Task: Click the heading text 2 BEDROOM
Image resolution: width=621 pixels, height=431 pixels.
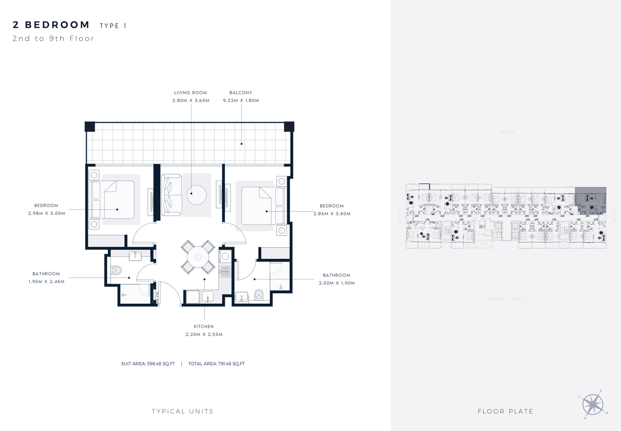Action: tap(52, 25)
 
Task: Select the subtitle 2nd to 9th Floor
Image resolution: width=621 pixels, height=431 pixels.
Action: tap(53, 39)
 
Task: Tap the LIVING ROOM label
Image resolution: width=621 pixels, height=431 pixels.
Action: tap(191, 93)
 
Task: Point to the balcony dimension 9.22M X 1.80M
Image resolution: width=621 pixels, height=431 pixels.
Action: tap(241, 101)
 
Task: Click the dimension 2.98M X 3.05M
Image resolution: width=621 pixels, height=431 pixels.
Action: tap(46, 213)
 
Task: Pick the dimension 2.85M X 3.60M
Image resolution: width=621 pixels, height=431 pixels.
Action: tap(331, 214)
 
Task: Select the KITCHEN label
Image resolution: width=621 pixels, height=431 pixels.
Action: tap(204, 326)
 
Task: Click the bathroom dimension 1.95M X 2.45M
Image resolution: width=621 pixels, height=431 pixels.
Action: tap(46, 281)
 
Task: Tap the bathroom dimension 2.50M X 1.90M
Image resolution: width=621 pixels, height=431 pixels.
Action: tap(336, 283)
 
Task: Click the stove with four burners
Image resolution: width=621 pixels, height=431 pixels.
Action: tap(225, 271)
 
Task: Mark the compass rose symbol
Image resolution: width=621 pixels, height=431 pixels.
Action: tap(592, 404)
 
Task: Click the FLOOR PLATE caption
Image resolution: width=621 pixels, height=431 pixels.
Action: tap(505, 411)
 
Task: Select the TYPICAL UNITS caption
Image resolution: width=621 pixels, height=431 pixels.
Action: tap(183, 411)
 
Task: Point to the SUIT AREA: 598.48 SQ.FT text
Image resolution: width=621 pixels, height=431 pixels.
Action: tap(148, 364)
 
